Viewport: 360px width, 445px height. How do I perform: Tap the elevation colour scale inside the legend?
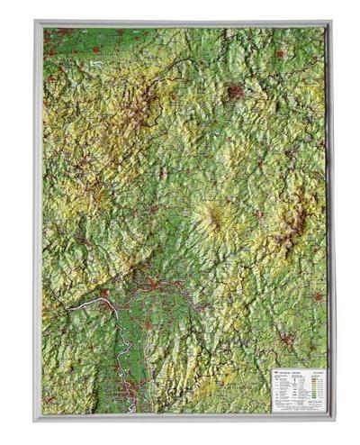click(310, 382)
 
